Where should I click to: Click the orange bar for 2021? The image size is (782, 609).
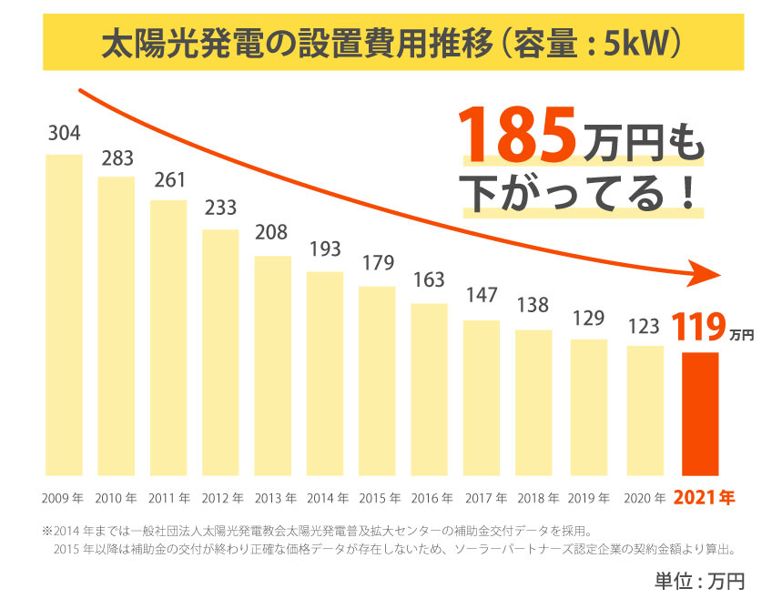pyautogui.click(x=700, y=414)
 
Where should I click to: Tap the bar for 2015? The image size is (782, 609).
pyautogui.click(x=377, y=381)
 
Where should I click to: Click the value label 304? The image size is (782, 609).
pyautogui.click(x=64, y=134)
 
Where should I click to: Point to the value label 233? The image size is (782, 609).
pyautogui.click(x=220, y=208)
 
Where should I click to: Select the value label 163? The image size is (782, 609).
pyautogui.click(x=429, y=280)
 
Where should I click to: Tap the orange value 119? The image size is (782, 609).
pyautogui.click(x=698, y=326)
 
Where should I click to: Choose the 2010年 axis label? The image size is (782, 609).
pyautogui.click(x=116, y=498)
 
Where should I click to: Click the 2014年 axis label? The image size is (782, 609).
pyautogui.click(x=324, y=498)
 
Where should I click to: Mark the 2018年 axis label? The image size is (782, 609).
pyautogui.click(x=533, y=498)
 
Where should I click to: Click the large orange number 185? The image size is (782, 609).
pyautogui.click(x=516, y=135)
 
